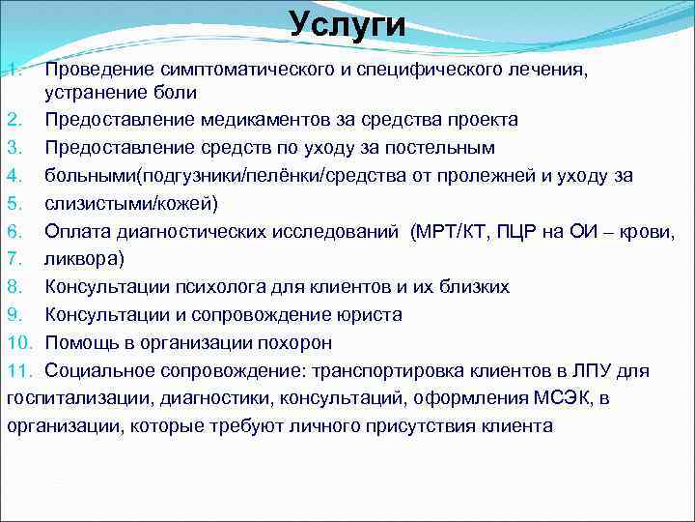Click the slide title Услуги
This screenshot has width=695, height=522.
tap(347, 24)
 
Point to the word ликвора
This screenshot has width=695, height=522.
tap(83, 259)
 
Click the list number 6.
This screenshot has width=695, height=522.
tap(15, 231)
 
